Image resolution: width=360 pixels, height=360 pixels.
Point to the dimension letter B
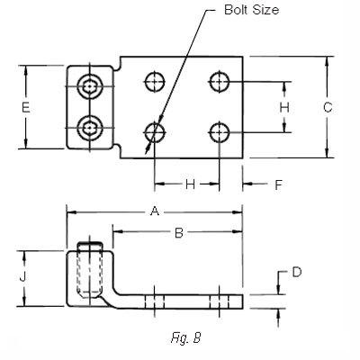[178, 233]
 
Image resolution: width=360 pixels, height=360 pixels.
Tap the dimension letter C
[328, 108]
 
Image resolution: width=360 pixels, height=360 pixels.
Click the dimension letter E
[26, 107]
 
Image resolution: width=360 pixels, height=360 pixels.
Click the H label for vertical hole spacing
[284, 107]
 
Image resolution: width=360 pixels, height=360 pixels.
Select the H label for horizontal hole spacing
[190, 184]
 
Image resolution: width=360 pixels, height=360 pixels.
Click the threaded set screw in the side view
[89, 269]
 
